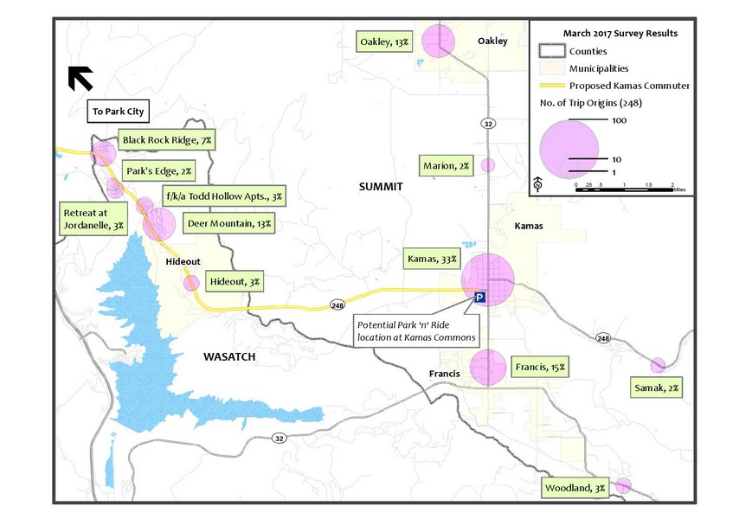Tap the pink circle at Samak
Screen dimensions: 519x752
[658, 365]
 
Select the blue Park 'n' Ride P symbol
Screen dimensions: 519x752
[481, 297]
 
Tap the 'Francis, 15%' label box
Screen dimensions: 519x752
[541, 367]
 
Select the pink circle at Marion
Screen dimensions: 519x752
[488, 165]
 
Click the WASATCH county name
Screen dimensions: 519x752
[229, 356]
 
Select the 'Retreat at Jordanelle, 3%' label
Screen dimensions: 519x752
[93, 218]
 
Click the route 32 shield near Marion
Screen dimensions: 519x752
[489, 125]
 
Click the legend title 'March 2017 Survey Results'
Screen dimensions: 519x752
[620, 33]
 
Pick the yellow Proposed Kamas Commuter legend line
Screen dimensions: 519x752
[551, 86]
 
